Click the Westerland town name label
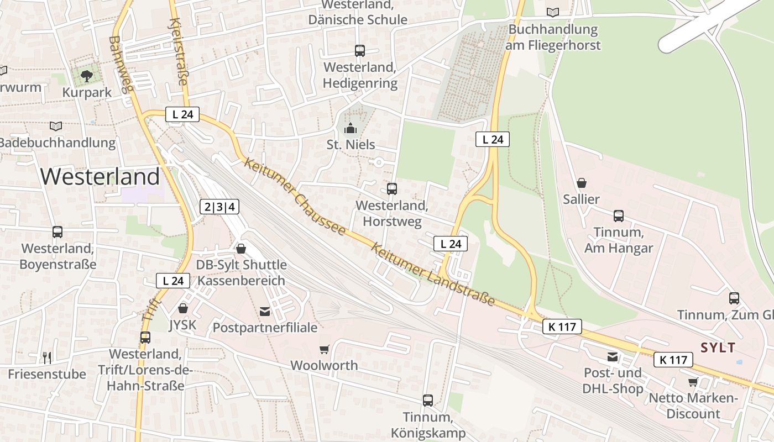[100, 177]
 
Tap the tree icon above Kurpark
[86, 76]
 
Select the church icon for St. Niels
[350, 129]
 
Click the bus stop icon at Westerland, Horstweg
[392, 189]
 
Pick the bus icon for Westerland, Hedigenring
[360, 51]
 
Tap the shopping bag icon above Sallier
[582, 183]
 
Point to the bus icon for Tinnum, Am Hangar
[619, 216]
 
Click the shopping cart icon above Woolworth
[325, 349]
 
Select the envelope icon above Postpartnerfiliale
[265, 312]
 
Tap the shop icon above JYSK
[183, 308]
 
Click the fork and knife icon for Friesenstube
[47, 358]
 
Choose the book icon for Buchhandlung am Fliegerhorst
[553, 12]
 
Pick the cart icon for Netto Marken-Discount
[693, 382]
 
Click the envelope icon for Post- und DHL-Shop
[613, 357]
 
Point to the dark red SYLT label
[718, 348]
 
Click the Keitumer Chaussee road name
[295, 197]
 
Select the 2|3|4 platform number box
[219, 207]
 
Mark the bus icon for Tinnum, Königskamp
[428, 401]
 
